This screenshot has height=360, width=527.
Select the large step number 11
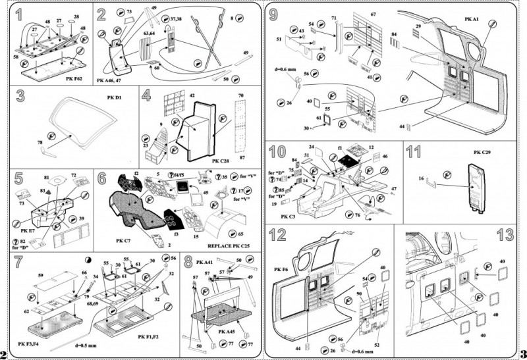point(414,153)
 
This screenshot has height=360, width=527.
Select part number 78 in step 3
point(40,142)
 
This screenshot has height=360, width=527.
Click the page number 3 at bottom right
point(521,351)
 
